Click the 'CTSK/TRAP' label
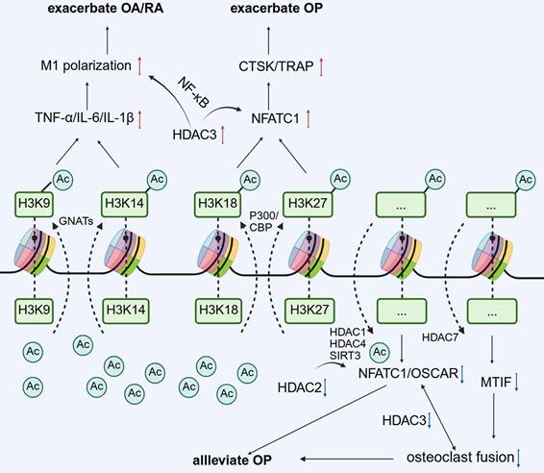[268, 67]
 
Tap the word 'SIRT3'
[354, 356]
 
